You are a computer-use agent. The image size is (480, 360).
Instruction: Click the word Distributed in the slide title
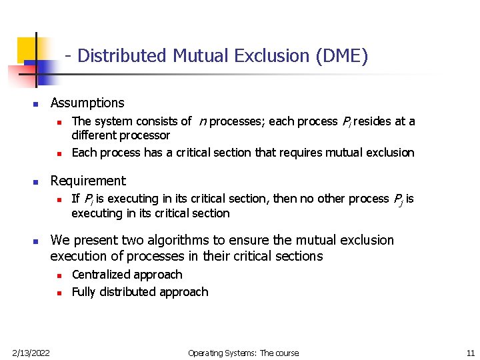123,56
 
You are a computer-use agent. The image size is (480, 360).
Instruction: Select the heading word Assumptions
87,103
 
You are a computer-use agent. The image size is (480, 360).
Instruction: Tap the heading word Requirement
88,181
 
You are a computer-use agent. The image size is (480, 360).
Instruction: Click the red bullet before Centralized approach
59,275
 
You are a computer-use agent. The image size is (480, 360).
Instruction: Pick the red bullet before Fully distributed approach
59,293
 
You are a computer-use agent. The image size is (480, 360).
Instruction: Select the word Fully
84,292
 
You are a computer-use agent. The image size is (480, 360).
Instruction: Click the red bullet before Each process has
59,153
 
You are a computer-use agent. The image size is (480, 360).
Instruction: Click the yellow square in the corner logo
27,48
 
